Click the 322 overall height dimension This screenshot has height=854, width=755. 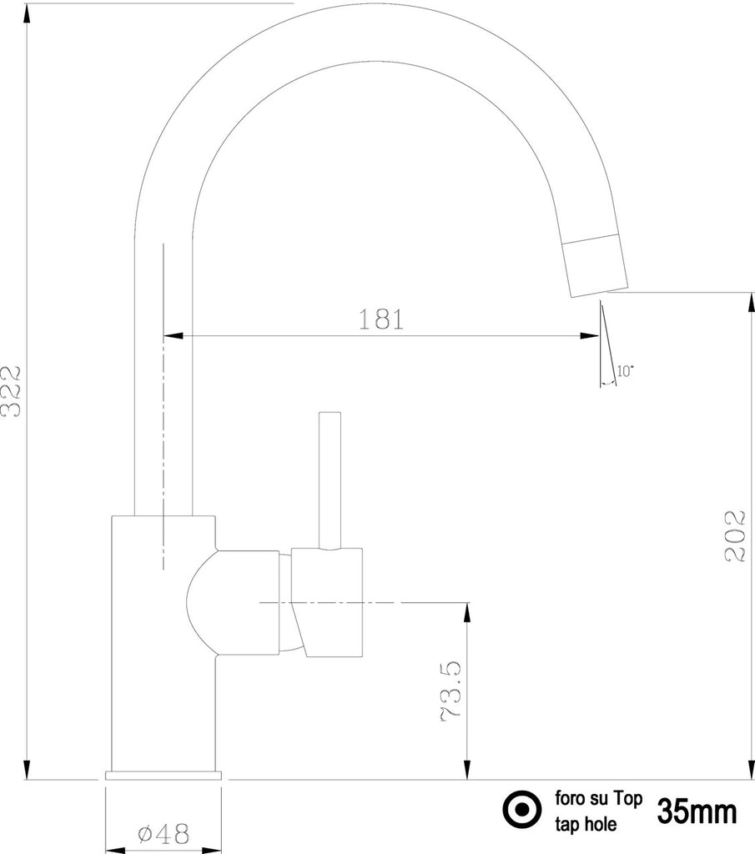(10, 392)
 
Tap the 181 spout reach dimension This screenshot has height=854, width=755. (381, 319)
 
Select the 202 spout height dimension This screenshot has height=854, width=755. (735, 535)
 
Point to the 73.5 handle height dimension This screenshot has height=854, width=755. (451, 691)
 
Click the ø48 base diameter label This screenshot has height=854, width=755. (164, 833)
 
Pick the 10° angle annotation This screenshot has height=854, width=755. (625, 371)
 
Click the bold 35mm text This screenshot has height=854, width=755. (697, 811)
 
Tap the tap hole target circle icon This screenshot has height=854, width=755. (522, 809)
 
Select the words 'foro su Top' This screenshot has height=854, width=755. (599, 798)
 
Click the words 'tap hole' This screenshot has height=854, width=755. (586, 824)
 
